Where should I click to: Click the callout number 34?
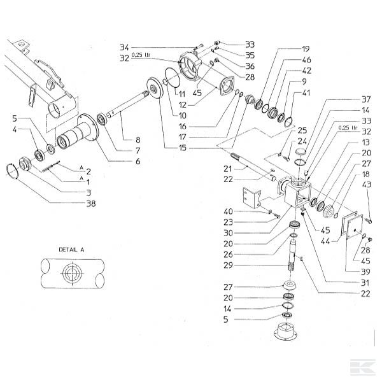click(124, 46)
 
